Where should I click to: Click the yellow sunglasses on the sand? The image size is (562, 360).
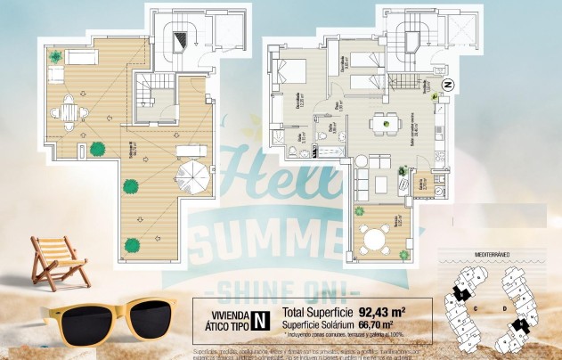tap(108, 318)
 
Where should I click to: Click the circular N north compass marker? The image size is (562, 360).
tap(448, 86)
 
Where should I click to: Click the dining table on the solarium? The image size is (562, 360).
tap(69, 112)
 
